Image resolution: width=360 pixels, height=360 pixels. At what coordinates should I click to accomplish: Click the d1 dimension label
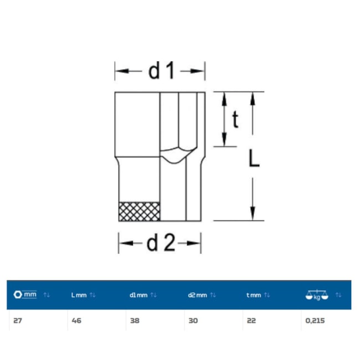[x=161, y=71]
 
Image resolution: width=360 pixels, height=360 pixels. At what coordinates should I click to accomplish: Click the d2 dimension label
[x=161, y=243]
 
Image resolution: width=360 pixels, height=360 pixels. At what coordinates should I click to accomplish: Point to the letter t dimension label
[x=235, y=120]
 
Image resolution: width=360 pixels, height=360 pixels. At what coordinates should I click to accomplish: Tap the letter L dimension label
[x=254, y=158]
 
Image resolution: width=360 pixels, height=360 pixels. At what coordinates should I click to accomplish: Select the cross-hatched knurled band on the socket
[x=140, y=212]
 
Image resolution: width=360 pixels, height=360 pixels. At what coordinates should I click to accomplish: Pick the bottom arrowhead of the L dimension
[x=253, y=214]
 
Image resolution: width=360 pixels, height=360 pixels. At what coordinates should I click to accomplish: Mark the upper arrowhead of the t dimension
[x=224, y=99]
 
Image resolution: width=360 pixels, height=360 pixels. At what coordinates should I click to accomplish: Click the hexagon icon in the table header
[x=18, y=295]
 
